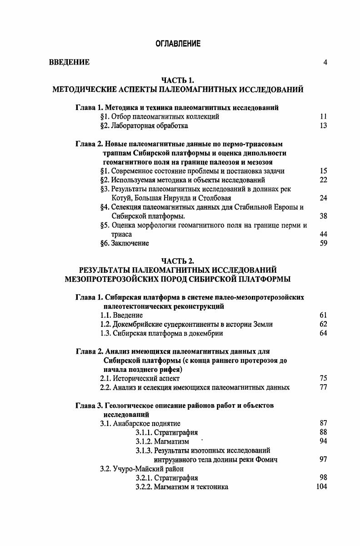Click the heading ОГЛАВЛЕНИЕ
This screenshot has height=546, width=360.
[178, 44]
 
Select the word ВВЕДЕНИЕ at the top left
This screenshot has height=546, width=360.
[69, 62]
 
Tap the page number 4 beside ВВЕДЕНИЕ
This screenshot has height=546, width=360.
[325, 62]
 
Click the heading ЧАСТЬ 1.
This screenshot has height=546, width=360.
[178, 81]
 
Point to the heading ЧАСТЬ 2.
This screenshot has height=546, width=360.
[178, 261]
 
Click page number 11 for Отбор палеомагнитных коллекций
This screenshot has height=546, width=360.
[323, 117]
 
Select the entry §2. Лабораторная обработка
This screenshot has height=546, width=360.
[144, 125]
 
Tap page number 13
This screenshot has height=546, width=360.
[323, 125]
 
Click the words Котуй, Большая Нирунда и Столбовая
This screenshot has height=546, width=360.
[171, 198]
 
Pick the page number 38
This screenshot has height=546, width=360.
[323, 216]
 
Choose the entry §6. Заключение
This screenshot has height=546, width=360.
[124, 243]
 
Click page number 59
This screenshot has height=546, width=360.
[323, 243]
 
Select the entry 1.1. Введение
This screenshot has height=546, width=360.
[121, 315]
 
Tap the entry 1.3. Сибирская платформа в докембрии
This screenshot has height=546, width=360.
[161, 333]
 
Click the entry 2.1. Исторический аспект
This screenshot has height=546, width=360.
[140, 378]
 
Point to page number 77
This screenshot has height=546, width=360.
[323, 387]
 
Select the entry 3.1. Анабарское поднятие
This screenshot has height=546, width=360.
[140, 423]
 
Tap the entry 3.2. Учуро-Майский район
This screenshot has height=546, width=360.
[142, 469]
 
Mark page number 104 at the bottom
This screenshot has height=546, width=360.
[322, 487]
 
